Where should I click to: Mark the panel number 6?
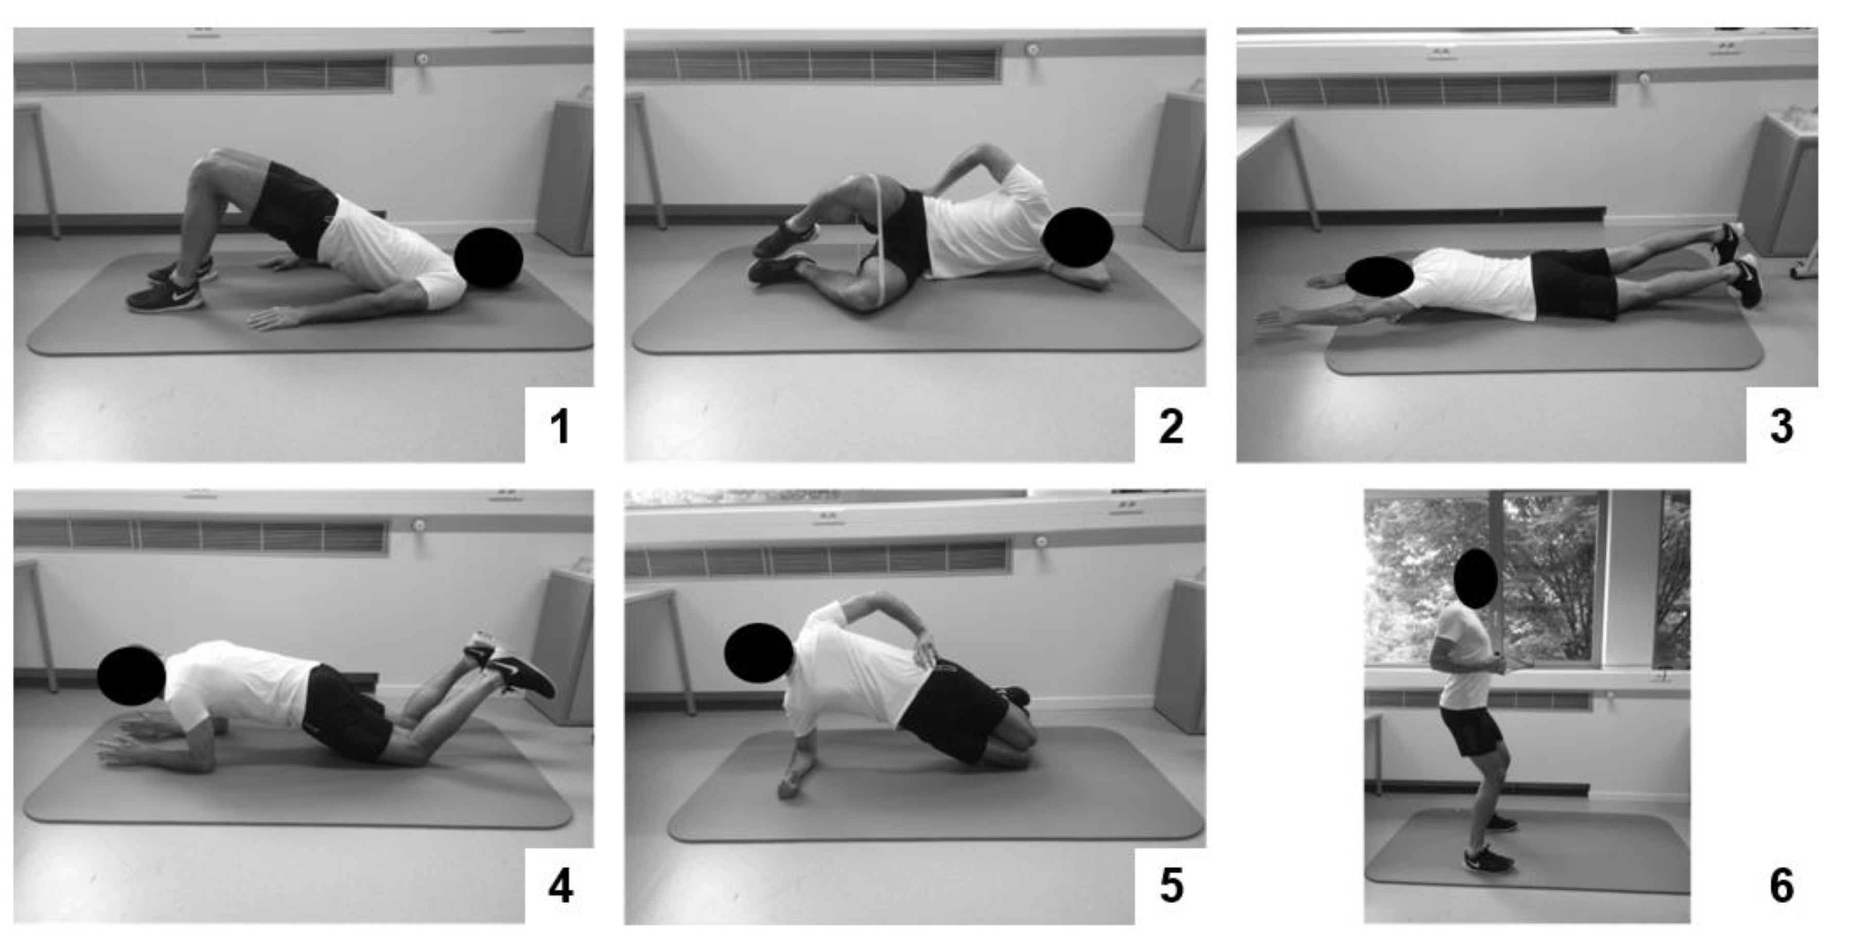[x=1782, y=886]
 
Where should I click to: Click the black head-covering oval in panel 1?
[x=489, y=258]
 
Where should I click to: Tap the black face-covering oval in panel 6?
[x=1475, y=578]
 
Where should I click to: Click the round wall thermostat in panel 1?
[x=420, y=59]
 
